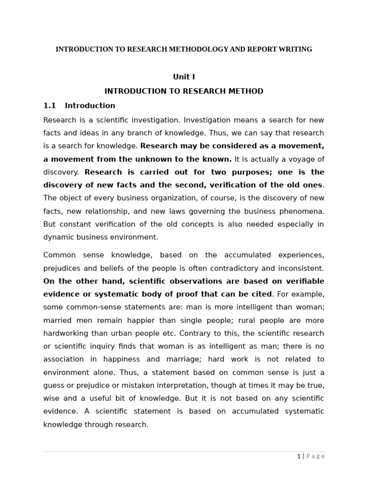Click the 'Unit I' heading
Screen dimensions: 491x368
184,77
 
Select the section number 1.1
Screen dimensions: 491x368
50,105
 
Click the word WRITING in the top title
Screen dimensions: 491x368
295,49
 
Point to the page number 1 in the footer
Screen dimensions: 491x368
299,456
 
